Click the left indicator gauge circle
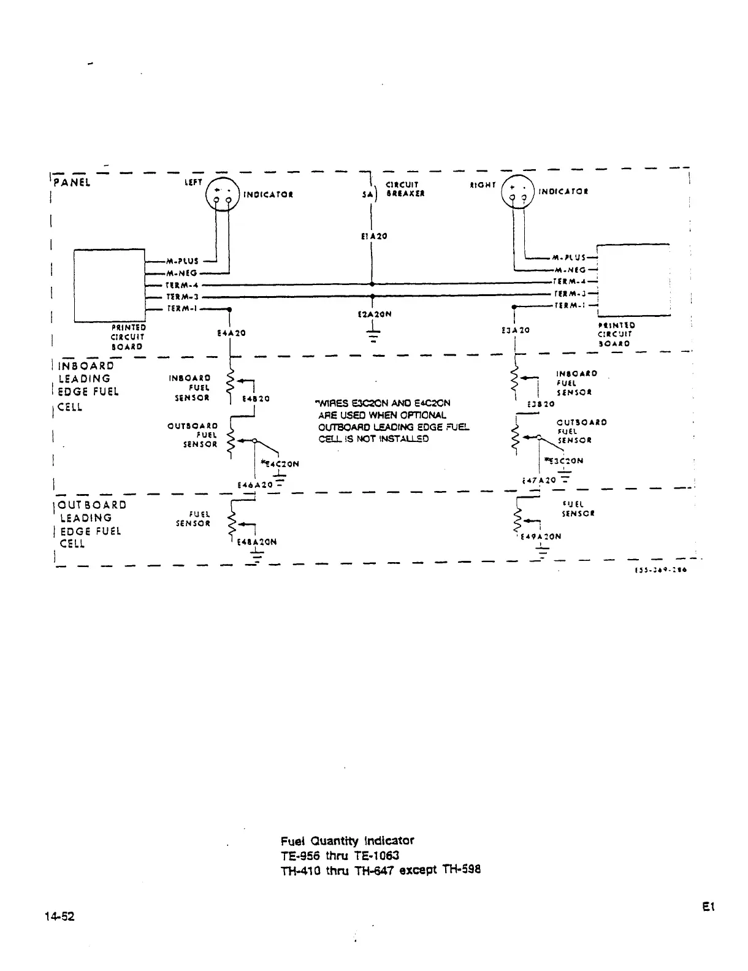tap(222, 194)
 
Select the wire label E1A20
tap(373, 236)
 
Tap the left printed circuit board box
tap(109, 286)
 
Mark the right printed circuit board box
tap(633, 280)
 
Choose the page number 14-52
tap(59, 916)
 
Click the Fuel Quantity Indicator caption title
tap(347, 840)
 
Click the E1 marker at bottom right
tap(710, 907)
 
